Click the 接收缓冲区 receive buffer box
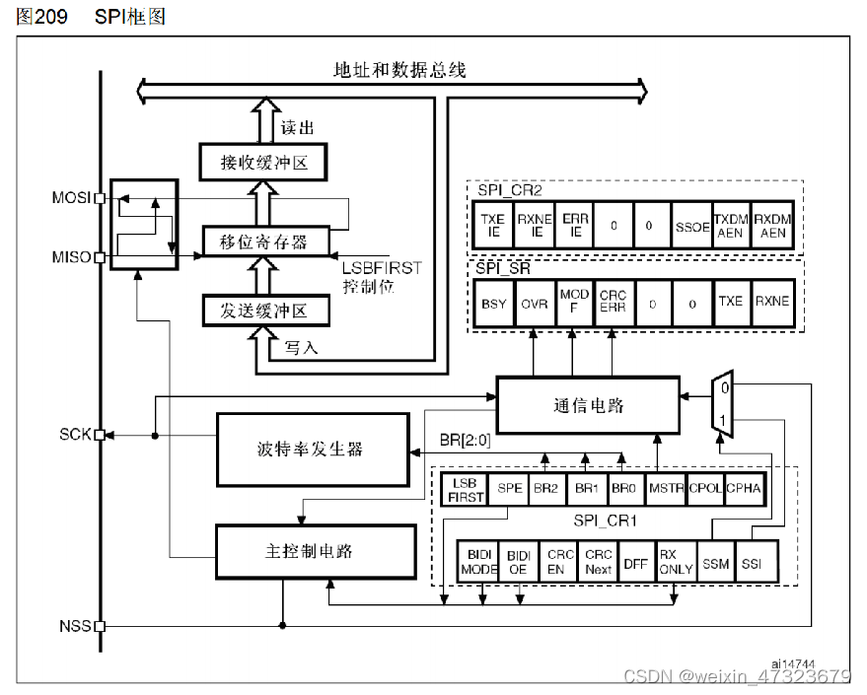[264, 162]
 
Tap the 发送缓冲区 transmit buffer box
[264, 311]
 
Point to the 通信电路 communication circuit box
[588, 405]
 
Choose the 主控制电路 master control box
[315, 551]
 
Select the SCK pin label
[75, 434]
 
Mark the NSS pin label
[75, 625]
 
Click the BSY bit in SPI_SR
[493, 303]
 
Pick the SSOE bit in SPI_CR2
[692, 226]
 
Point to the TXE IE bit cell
[493, 226]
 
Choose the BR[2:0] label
[464, 440]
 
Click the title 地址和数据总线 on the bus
[399, 70]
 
